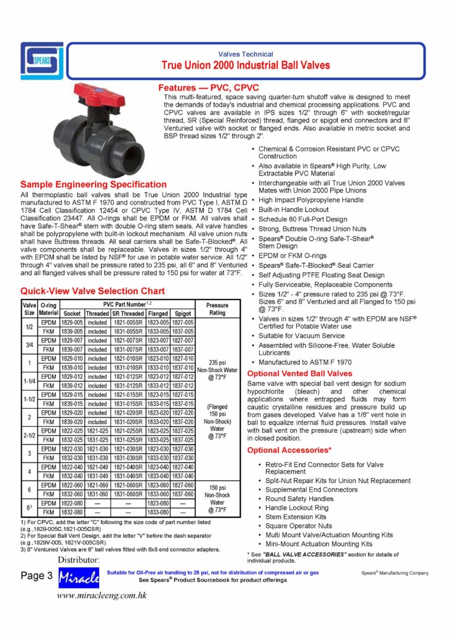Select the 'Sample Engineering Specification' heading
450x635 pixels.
pyautogui.click(x=94, y=185)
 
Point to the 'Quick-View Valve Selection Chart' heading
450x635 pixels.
pyautogui.click(x=93, y=291)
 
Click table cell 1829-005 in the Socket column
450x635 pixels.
pyautogui.click(x=72, y=322)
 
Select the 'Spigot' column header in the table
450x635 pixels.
pyautogui.click(x=183, y=314)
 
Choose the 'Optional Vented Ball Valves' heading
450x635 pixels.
pyautogui.click(x=299, y=373)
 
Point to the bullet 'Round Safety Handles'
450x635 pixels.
pyautogui.click(x=300, y=499)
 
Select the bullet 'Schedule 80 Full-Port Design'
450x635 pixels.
pyautogui.click(x=302, y=218)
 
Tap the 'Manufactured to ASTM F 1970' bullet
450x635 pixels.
pyautogui.click(x=304, y=361)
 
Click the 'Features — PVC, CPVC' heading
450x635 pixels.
pyautogui.click(x=208, y=87)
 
